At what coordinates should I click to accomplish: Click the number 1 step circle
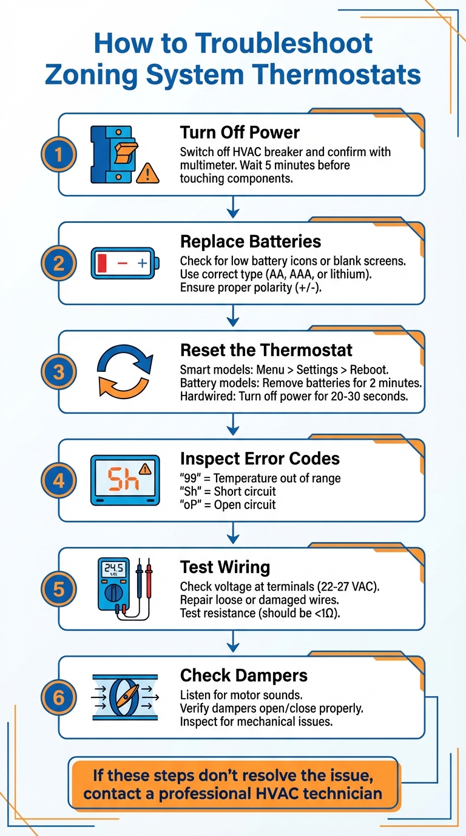[58, 155]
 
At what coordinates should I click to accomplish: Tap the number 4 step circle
[58, 481]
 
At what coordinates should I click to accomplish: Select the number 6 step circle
[58, 697]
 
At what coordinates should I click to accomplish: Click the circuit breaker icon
[114, 154]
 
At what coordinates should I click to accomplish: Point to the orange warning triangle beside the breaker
[147, 174]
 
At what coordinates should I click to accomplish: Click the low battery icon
[126, 263]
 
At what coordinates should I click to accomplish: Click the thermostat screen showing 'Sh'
[125, 481]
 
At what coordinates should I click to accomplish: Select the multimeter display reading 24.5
[113, 569]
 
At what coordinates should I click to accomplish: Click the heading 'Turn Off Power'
[240, 132]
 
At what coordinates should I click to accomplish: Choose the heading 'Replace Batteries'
[251, 241]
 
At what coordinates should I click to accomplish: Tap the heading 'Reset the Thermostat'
[266, 350]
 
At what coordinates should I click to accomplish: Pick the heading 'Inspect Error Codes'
[260, 458]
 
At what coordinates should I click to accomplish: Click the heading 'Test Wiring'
[225, 567]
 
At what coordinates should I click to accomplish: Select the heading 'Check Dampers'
[244, 675]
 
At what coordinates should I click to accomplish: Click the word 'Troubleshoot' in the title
[234, 44]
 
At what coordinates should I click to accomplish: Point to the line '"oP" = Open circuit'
[228, 505]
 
